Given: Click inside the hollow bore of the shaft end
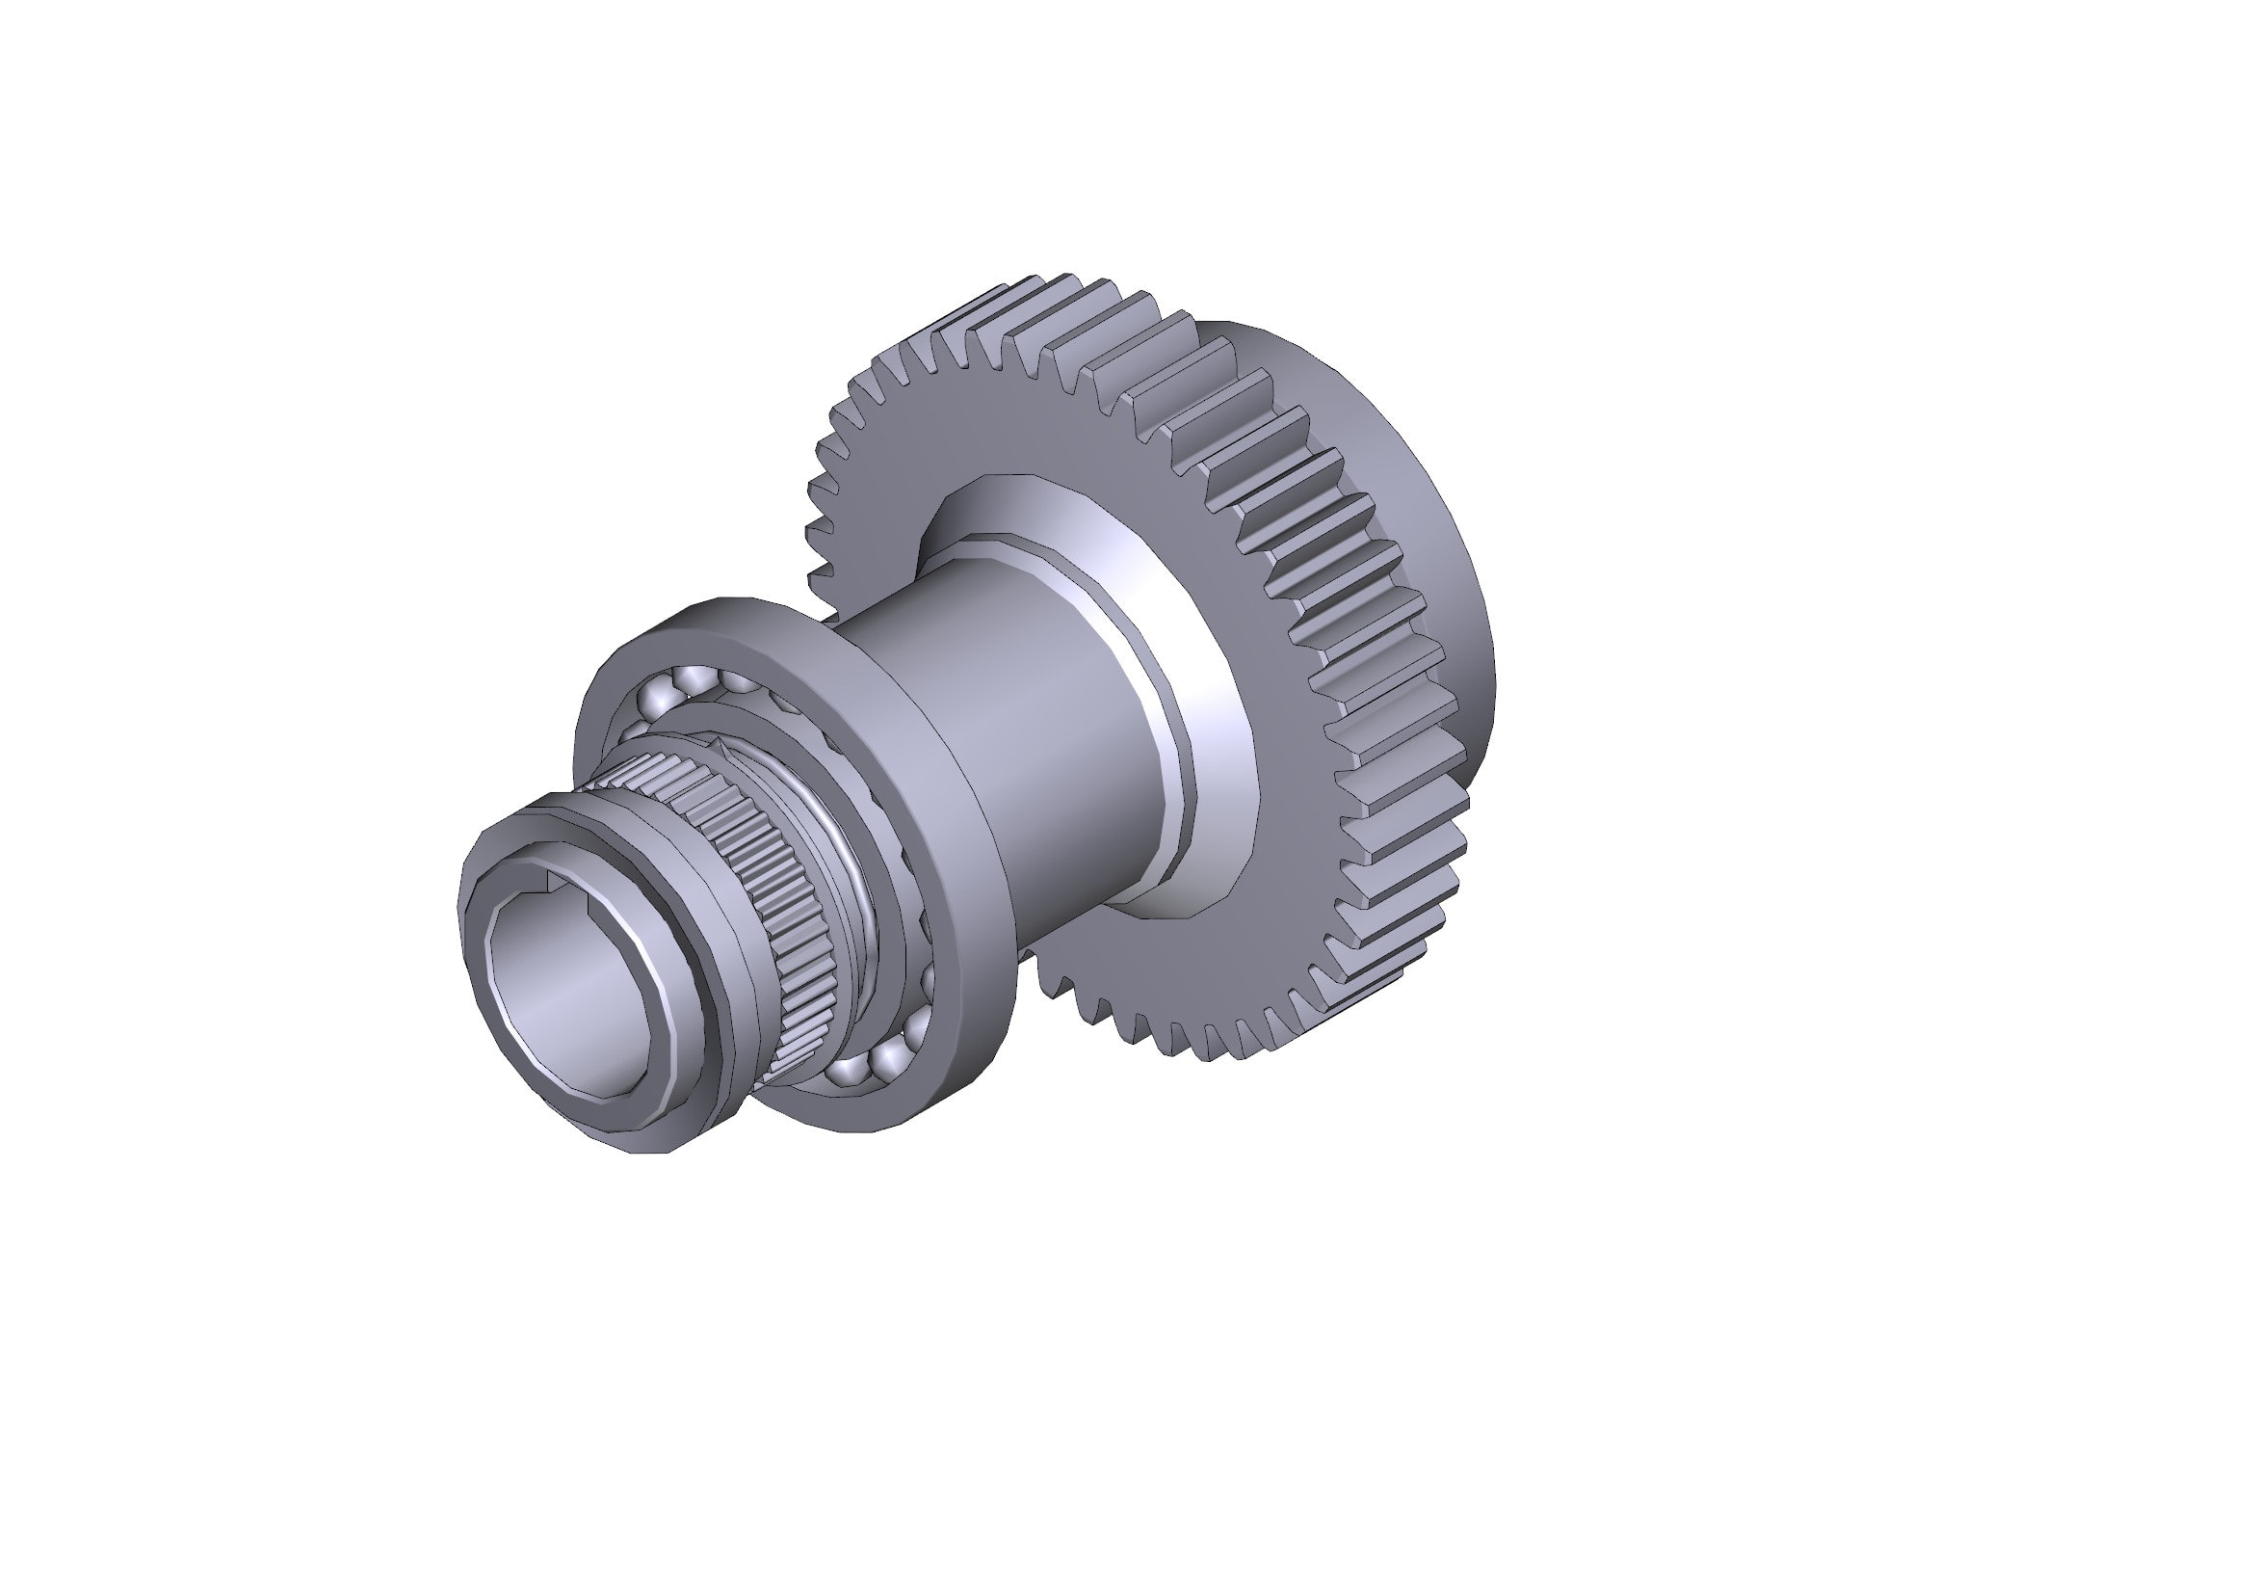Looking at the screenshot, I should pyautogui.click(x=569, y=992).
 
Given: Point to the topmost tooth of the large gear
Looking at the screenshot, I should pyautogui.click(x=1060, y=284).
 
